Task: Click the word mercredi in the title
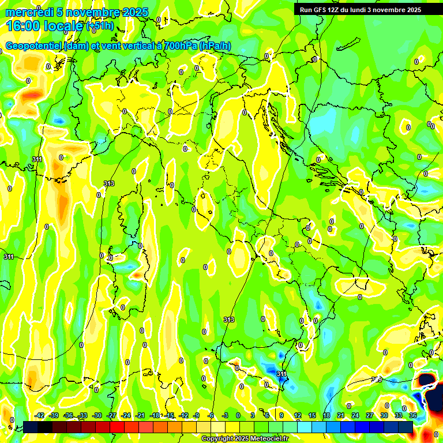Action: pyautogui.click(x=29, y=12)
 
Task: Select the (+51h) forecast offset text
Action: pyautogui.click(x=99, y=27)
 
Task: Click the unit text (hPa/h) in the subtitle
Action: pyautogui.click(x=215, y=46)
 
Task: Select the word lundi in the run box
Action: pyautogui.click(x=368, y=10)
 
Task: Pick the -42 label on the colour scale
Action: pyautogui.click(x=40, y=415)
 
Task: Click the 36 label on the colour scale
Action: pyautogui.click(x=413, y=415)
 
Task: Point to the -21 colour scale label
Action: pyautogui.click(x=140, y=415)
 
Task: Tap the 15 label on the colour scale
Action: pyautogui.click(x=312, y=415)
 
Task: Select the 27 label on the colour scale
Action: pyautogui.click(x=370, y=415)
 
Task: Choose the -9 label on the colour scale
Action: pyautogui.click(x=197, y=415)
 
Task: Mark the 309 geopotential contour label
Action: pyautogui.click(x=377, y=380)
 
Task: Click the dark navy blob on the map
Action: pyautogui.click(x=428, y=381)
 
